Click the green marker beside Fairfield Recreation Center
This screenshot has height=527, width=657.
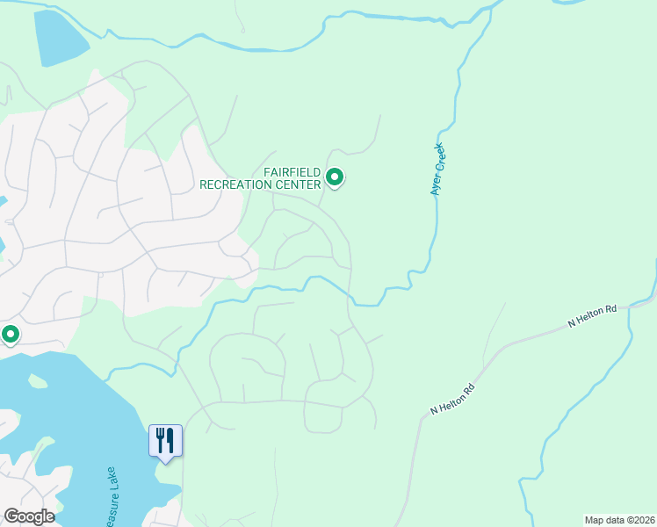(335, 177)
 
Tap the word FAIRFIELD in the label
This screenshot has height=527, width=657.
(293, 172)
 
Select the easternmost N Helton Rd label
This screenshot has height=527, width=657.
(593, 316)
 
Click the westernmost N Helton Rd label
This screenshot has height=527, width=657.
(453, 399)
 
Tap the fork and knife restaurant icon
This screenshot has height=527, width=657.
(165, 440)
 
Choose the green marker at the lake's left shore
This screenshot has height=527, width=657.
(11, 335)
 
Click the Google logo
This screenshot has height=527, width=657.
(29, 516)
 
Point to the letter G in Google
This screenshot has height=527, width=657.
(11, 516)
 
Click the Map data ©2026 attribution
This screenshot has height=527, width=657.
(619, 519)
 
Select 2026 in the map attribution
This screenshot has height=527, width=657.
(642, 519)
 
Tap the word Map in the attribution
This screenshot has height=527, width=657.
(595, 519)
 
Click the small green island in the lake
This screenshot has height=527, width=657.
(37, 381)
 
